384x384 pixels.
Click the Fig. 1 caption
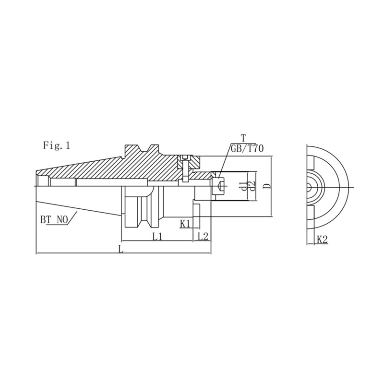click(x=57, y=145)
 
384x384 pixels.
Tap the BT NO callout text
click(x=54, y=220)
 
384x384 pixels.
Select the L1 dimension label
click(x=157, y=236)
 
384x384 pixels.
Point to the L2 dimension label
click(x=203, y=236)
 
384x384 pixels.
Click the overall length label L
click(x=120, y=249)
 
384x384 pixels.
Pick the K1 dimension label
click(x=185, y=223)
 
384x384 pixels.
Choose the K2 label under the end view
click(x=322, y=239)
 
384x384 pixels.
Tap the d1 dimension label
click(x=245, y=186)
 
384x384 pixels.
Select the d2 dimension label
click(x=252, y=186)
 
